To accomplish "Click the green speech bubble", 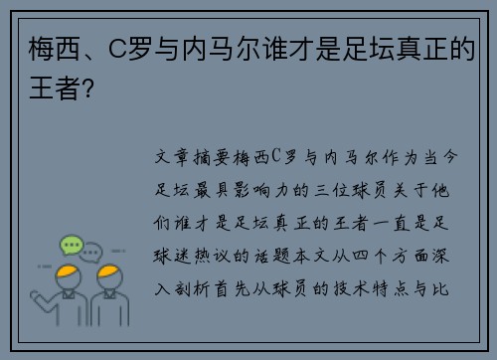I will coord(71,245).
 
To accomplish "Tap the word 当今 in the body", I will coord(446,157).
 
